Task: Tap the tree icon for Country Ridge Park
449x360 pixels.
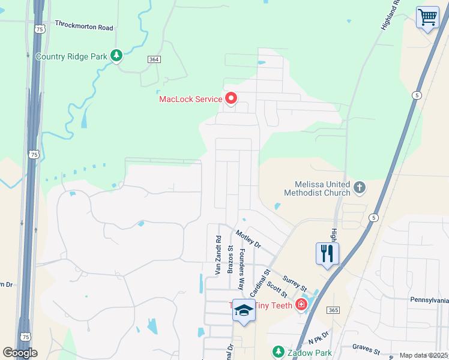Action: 116,56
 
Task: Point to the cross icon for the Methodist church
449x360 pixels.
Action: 360,188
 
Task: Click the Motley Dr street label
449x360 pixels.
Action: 249,239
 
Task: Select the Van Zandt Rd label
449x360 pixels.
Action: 218,255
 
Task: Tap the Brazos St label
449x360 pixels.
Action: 231,259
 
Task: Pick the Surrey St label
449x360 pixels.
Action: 294,280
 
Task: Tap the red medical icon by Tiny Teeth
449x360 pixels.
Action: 301,305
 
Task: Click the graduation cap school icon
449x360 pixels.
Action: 244,310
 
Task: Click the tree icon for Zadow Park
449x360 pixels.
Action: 278,351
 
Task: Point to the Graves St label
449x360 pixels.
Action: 366,347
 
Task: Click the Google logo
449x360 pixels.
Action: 20,353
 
